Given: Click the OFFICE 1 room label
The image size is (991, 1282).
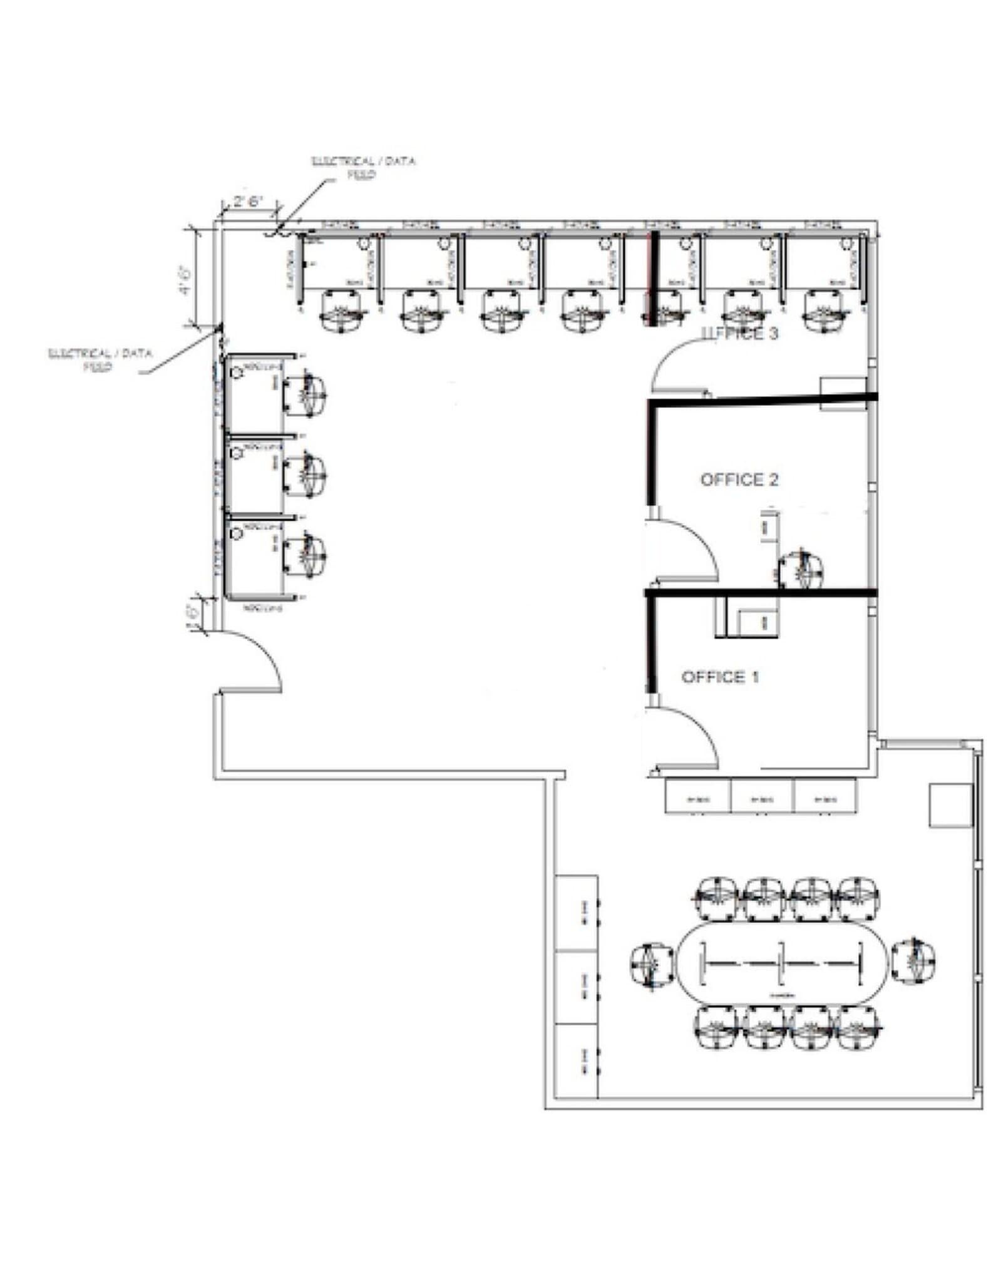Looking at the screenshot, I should tap(720, 677).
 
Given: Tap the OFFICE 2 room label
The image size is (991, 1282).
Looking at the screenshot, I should tap(739, 479).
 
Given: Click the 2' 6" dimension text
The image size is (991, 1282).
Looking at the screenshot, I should tap(247, 202).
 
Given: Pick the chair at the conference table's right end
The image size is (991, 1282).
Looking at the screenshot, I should tap(914, 960).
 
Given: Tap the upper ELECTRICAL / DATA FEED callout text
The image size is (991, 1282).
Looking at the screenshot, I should tap(364, 167).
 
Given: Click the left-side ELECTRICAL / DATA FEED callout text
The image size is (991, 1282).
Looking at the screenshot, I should tap(100, 360).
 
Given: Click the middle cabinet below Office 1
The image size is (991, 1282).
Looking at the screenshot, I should tap(762, 796).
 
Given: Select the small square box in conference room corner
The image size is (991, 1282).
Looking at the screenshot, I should tap(949, 806).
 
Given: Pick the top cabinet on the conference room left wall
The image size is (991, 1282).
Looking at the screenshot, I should tap(577, 912).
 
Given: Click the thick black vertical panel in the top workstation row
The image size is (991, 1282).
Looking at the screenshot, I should tap(653, 279).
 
